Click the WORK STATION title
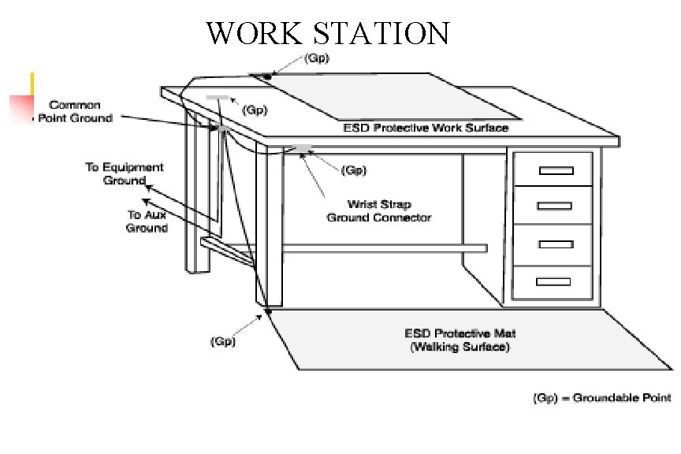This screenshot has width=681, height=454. [x=327, y=35]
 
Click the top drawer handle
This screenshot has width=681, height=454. [x=554, y=170]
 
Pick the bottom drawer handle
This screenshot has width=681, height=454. [x=553, y=280]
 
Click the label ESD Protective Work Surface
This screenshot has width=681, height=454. [x=426, y=128]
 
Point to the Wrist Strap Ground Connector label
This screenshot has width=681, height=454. [x=378, y=210]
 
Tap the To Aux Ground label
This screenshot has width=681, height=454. [x=147, y=221]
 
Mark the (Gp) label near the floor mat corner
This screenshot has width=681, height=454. [x=222, y=341]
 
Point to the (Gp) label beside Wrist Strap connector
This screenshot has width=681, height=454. [x=352, y=169]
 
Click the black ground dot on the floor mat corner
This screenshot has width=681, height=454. [x=268, y=311]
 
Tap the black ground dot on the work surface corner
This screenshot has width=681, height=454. [x=268, y=76]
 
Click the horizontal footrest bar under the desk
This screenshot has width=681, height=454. [x=378, y=248]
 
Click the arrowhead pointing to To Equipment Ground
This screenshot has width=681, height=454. [x=147, y=187]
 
